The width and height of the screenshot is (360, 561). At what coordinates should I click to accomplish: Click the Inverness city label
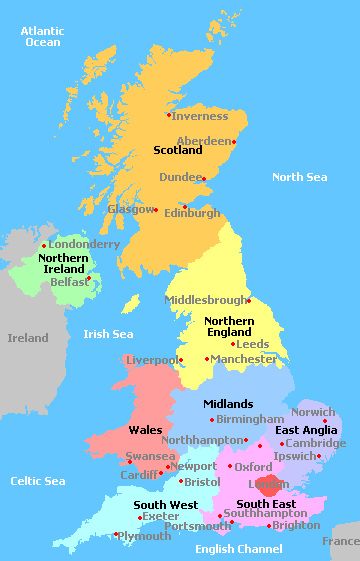200,116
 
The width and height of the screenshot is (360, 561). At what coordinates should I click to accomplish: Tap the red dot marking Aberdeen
236,141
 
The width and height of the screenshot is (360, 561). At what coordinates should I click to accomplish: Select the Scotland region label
178,150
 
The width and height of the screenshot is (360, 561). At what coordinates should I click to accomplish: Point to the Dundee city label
180,177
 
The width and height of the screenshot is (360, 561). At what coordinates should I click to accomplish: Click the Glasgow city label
131,210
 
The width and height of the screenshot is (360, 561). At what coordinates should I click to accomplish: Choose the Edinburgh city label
191,213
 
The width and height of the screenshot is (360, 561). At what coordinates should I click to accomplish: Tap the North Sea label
300,177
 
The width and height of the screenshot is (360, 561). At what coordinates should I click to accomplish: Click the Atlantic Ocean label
42,37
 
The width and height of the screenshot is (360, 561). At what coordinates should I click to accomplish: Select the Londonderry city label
84,244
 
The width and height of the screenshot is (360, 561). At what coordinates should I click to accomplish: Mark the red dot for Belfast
89,278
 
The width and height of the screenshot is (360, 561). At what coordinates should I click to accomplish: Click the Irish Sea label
108,334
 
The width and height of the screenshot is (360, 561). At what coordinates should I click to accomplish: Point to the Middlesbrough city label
204,300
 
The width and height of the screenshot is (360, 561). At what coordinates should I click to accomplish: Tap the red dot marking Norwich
325,421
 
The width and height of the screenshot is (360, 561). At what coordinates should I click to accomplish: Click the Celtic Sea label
39,481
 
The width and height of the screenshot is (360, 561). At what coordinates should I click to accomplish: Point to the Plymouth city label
145,536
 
